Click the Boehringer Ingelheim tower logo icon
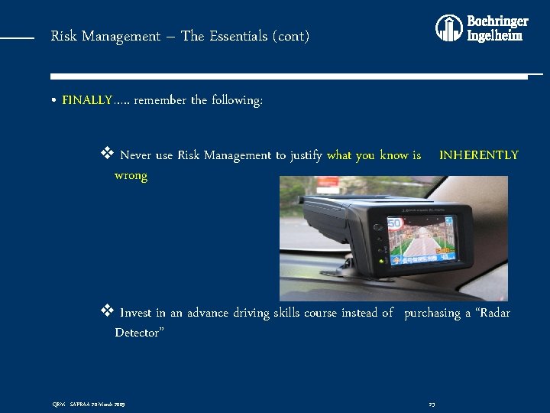click(449, 28)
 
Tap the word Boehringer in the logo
click(497, 21)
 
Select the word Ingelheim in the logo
click(495, 35)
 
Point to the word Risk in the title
click(63, 36)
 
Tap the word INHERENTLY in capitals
click(478, 155)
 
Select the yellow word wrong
click(131, 176)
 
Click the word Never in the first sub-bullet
click(136, 155)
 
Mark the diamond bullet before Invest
click(107, 311)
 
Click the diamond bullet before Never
click(107, 154)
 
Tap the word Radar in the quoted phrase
click(492, 313)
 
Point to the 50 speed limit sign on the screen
click(396, 225)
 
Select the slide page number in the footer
click(432, 404)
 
